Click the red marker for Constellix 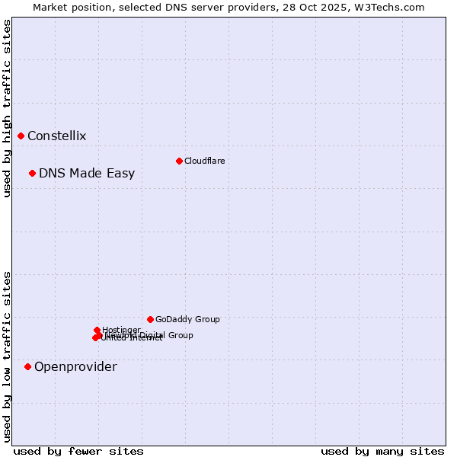(x=21, y=136)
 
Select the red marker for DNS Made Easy (x=32, y=173)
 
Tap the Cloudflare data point (x=179, y=161)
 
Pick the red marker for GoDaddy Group (x=150, y=319)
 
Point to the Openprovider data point (x=27, y=366)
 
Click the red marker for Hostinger (x=97, y=330)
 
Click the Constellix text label (x=57, y=136)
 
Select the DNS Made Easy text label (x=87, y=174)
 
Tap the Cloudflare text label (x=204, y=161)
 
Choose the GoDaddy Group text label (x=187, y=320)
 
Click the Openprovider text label (x=75, y=367)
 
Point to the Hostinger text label (x=121, y=330)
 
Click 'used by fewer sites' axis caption (x=78, y=451)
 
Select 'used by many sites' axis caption (x=382, y=451)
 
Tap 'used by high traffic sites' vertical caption (x=8, y=108)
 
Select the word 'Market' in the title (x=51, y=7)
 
